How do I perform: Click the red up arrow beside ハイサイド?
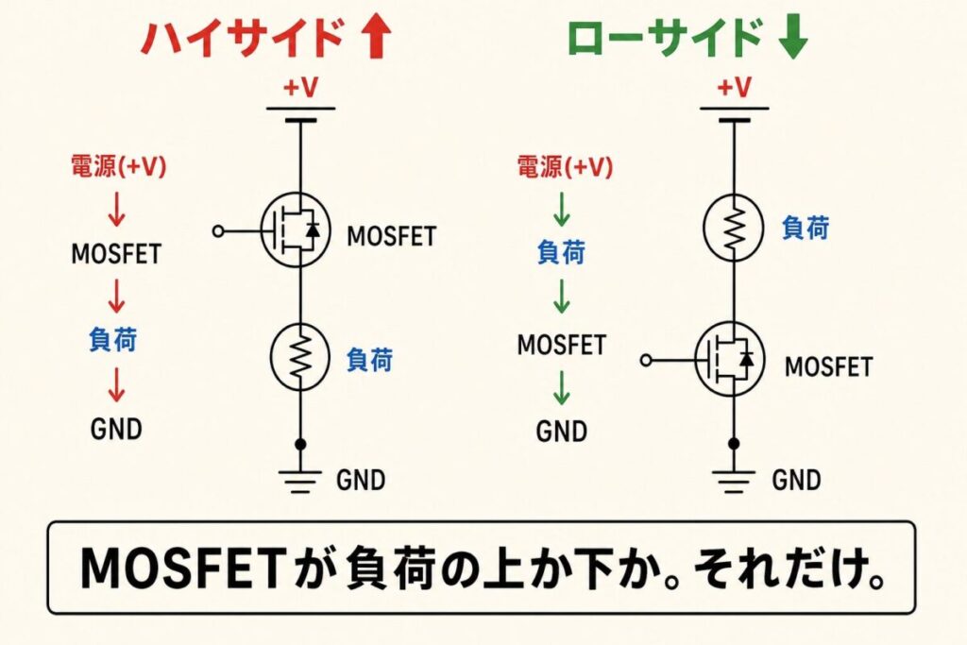tap(376, 38)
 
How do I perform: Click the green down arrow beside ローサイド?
tap(792, 38)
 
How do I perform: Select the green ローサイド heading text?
tap(664, 38)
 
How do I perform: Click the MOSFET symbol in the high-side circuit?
tap(296, 230)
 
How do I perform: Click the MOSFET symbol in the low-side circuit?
tap(730, 359)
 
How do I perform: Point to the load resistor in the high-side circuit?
tap(299, 358)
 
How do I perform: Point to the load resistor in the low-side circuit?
tap(733, 227)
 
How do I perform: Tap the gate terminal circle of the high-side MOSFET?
tap(218, 231)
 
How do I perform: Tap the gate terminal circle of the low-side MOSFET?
tap(646, 360)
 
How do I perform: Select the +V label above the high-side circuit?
tap(300, 88)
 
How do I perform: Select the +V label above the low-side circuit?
tap(734, 88)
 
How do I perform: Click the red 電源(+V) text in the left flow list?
tap(118, 166)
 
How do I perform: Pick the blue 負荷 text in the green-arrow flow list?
tap(561, 252)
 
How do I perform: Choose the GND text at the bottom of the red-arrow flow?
tap(116, 429)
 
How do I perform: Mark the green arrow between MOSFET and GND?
tap(561, 387)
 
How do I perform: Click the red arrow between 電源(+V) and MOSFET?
tap(116, 209)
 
